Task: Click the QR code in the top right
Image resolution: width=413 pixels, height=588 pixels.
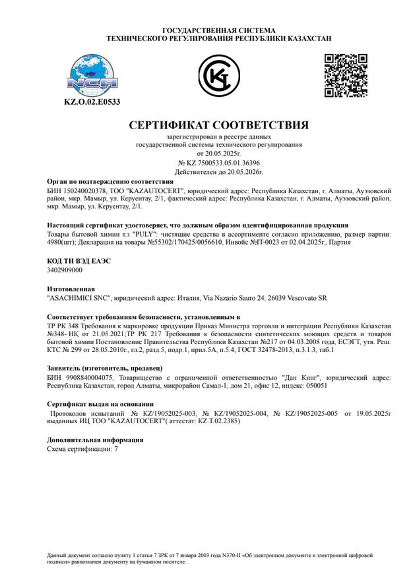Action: coord(345,76)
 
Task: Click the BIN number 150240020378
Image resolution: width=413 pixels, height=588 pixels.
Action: coord(80,189)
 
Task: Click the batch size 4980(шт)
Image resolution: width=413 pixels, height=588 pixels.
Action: coord(62,243)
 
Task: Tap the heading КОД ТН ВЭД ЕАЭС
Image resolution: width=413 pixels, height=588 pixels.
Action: coord(79,261)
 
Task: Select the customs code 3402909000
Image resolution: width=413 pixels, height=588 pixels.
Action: coord(65,270)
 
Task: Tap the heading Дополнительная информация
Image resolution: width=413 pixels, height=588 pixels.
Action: coord(95,439)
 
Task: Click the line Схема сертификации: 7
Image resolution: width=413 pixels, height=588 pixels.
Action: coord(83,448)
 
